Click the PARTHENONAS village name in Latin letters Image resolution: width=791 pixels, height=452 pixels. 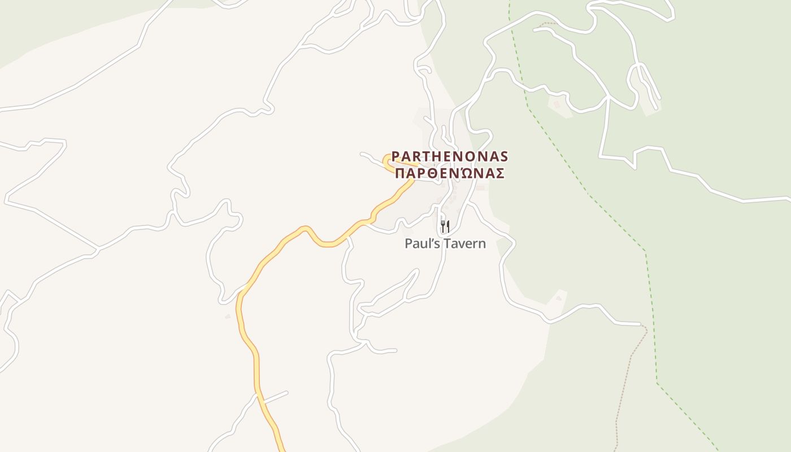tap(450, 156)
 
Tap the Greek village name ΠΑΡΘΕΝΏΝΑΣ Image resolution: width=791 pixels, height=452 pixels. tap(450, 173)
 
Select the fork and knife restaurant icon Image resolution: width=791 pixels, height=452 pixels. tap(445, 227)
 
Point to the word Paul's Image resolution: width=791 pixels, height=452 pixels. tap(421, 244)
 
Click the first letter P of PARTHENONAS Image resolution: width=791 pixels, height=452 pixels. tap(396, 156)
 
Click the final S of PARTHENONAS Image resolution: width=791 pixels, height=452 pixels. tap(504, 156)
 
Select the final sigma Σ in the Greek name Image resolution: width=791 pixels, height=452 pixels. tap(499, 173)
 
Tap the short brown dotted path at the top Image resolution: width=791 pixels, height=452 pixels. tap(546, 24)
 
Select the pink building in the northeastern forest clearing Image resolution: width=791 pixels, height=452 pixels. tap(557, 105)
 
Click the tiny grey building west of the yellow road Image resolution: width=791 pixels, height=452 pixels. tap(228, 316)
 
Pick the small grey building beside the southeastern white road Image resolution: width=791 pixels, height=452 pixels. tap(559, 297)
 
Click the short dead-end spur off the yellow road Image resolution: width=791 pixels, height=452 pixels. tap(275, 397)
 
